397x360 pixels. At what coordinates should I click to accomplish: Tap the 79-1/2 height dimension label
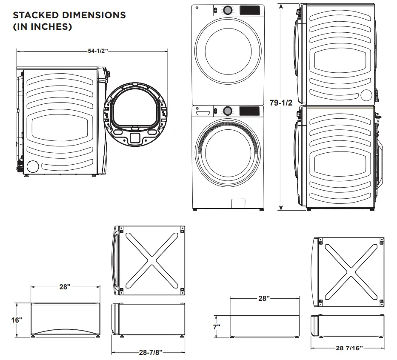[281, 102]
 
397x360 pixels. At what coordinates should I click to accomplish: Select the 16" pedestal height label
[17, 320]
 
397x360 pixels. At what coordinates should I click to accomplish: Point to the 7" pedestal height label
[217, 327]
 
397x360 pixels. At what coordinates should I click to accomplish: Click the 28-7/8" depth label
[151, 352]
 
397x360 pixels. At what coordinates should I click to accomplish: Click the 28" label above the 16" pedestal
[64, 287]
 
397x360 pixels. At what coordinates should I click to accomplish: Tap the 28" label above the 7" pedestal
[264, 298]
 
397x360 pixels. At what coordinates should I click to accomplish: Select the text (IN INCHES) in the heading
[42, 27]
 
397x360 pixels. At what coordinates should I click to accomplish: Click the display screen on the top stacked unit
[250, 10]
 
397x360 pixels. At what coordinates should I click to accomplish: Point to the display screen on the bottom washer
[250, 111]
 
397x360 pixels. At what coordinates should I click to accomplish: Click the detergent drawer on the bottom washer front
[203, 111]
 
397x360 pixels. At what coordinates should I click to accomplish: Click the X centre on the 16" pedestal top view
[151, 260]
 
